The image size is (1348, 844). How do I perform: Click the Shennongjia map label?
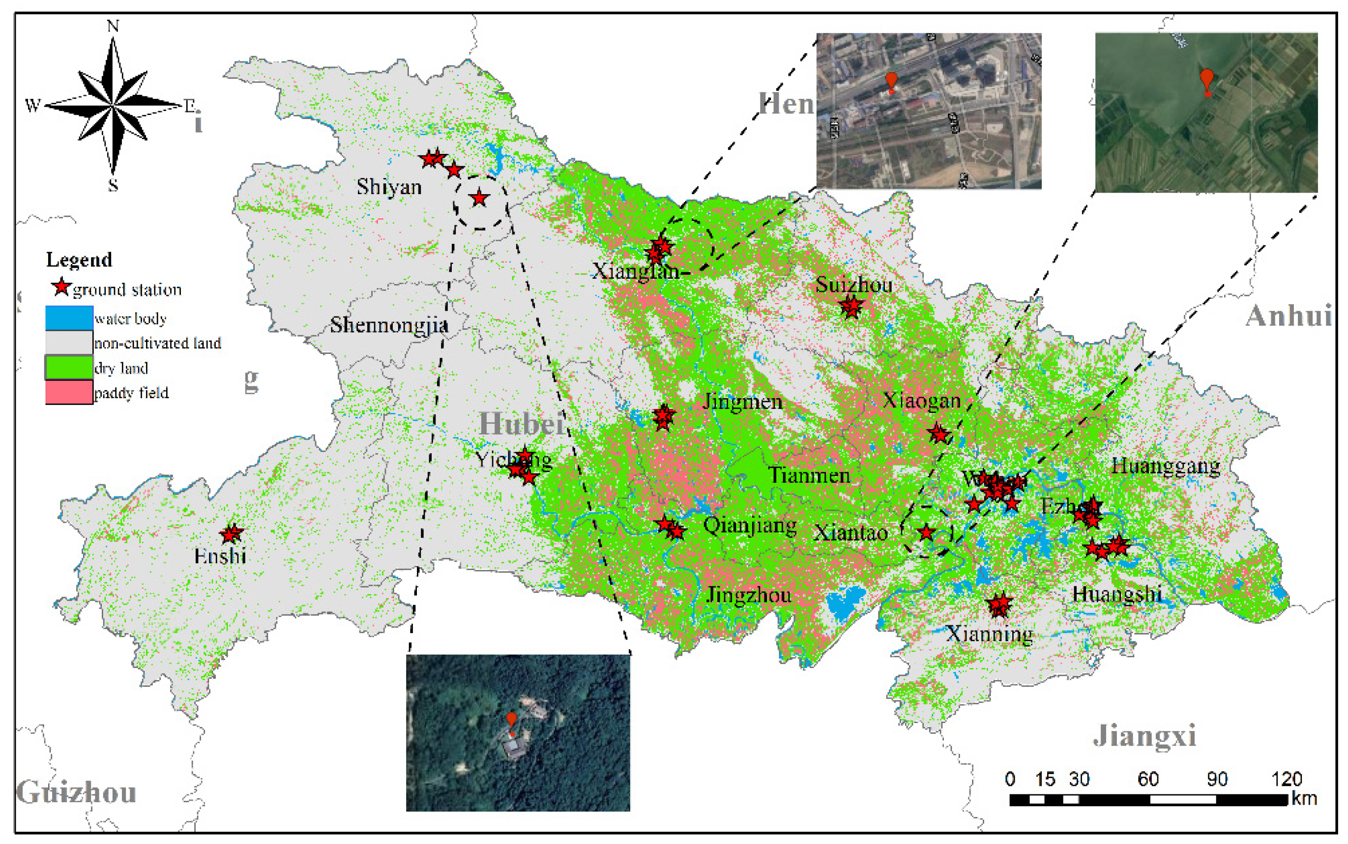(x=389, y=325)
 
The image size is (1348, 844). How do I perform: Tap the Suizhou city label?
(x=853, y=285)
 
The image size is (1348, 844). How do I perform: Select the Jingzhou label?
(x=749, y=595)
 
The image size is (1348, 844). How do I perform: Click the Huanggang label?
(x=1166, y=466)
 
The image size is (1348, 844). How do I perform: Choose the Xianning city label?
(x=989, y=634)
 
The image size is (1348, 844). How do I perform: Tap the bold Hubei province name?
(x=521, y=424)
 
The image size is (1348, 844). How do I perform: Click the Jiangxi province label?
(x=1144, y=735)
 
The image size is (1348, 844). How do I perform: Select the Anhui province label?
(x=1289, y=316)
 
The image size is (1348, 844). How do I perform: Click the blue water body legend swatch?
(x=69, y=318)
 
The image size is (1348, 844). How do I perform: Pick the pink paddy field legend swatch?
(x=69, y=392)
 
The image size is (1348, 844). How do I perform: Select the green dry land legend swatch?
(x=69, y=368)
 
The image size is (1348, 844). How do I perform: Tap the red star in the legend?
(x=61, y=287)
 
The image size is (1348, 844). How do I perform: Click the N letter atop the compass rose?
(x=113, y=26)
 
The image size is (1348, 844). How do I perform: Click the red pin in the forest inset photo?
(x=511, y=720)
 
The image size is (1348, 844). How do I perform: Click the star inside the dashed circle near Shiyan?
(x=479, y=198)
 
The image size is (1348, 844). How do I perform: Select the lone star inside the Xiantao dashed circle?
(x=927, y=532)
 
